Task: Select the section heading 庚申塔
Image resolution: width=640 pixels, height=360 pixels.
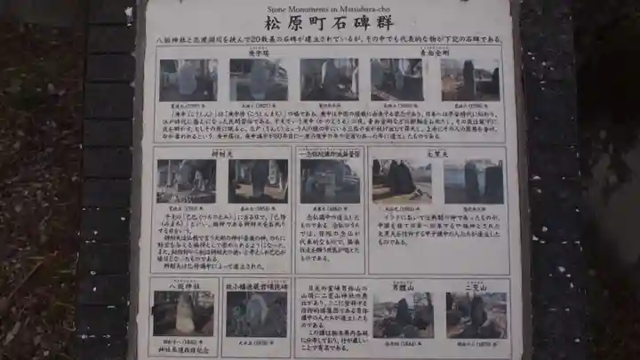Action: tap(258, 52)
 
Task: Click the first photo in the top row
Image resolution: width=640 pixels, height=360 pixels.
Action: tap(188, 80)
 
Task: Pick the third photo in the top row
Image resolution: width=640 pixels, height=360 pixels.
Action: tap(329, 80)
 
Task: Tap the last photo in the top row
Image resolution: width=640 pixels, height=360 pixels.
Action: tap(470, 80)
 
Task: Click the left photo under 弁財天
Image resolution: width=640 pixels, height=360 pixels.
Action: tap(186, 181)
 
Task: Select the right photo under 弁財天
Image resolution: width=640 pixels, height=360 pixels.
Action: tap(258, 181)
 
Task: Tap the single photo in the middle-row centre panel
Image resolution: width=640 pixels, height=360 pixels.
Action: tap(330, 181)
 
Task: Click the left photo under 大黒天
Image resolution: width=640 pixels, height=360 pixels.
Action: tap(401, 181)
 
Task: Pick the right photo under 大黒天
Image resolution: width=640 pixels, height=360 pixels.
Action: tap(474, 181)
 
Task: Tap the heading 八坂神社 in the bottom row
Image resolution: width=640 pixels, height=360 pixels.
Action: tap(183, 285)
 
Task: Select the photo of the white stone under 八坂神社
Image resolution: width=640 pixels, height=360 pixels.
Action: tap(183, 313)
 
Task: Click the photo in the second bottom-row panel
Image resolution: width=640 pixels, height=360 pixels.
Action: tap(256, 314)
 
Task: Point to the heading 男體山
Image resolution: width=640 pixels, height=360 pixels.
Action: tap(403, 286)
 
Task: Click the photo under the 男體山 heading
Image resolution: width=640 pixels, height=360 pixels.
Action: tap(403, 316)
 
